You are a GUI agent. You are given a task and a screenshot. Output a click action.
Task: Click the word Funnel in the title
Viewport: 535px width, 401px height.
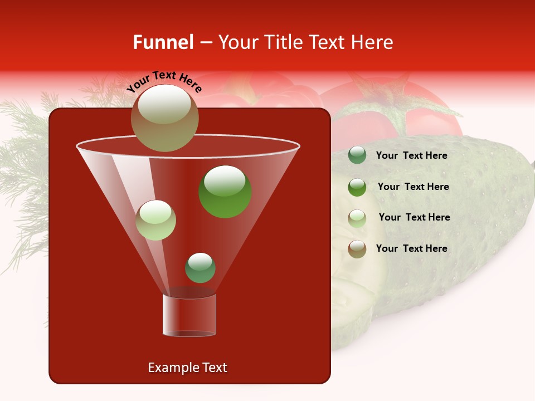tap(163, 42)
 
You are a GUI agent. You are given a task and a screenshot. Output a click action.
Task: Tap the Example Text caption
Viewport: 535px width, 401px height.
tap(187, 368)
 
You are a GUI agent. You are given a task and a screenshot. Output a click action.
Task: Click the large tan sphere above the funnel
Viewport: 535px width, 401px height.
tap(164, 118)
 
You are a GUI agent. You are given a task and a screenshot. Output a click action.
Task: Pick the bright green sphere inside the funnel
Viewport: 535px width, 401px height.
tap(225, 192)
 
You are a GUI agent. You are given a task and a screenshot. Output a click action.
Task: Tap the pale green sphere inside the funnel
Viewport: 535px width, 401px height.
tap(155, 220)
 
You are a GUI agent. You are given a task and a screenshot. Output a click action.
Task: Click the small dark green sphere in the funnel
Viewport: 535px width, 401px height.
tap(200, 267)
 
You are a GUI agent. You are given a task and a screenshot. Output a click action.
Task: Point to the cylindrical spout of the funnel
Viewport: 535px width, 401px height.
tap(189, 315)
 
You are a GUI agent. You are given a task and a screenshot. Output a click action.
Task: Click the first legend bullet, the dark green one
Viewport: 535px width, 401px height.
tap(357, 155)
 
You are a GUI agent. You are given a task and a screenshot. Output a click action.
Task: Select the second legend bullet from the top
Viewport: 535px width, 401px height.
tap(357, 187)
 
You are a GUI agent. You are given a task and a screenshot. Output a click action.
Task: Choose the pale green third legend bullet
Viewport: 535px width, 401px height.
tap(357, 218)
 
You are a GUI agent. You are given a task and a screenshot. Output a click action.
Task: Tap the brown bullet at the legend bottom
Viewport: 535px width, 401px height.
tap(357, 249)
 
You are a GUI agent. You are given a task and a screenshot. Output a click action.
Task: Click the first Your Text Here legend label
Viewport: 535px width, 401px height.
tap(411, 156)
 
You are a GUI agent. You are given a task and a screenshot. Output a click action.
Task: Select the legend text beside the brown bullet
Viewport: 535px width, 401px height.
tap(411, 248)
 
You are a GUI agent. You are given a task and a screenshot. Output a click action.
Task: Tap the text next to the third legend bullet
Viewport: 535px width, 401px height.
tap(414, 217)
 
